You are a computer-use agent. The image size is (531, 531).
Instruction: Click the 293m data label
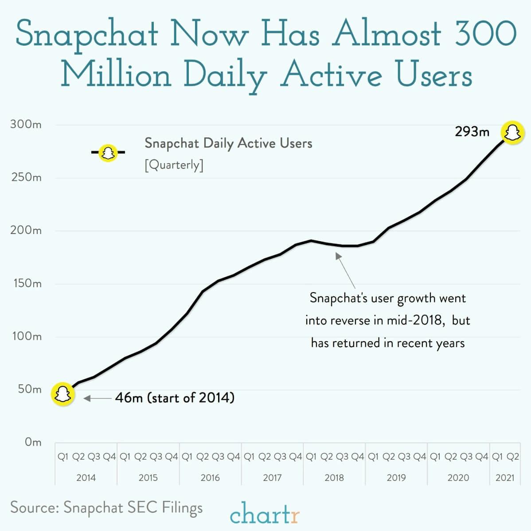472,132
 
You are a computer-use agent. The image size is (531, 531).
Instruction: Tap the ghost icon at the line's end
512,133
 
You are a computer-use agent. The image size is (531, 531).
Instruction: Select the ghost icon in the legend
108,153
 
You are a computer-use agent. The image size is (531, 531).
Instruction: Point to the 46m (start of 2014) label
175,398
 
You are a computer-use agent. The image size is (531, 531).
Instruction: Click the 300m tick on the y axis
26,125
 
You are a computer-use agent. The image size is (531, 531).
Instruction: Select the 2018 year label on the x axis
334,477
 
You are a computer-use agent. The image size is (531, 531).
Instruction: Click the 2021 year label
505,477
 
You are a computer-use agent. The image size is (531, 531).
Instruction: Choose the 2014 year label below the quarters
86,477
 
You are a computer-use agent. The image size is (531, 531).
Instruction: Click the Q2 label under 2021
513,457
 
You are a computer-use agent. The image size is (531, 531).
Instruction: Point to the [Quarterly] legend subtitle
174,165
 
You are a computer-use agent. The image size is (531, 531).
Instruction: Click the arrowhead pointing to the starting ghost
87,398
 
